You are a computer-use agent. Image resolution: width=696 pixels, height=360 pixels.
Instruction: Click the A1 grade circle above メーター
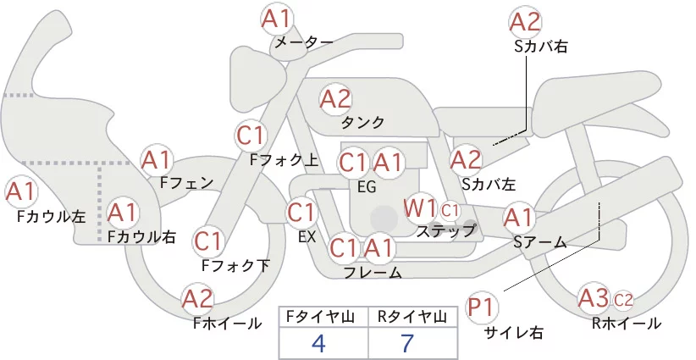(276, 19)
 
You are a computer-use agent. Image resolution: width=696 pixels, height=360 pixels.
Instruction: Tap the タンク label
(362, 122)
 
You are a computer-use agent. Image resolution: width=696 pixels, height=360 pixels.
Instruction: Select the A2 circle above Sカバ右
(525, 22)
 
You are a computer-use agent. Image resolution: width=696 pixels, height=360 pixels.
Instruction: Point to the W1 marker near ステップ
(419, 208)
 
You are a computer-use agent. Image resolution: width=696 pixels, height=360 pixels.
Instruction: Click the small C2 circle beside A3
(623, 301)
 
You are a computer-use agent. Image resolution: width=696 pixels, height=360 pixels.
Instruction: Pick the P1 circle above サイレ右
(482, 307)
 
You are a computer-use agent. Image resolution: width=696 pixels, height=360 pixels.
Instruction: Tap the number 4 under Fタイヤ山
(318, 343)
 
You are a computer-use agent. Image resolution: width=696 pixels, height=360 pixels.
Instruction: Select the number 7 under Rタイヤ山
(407, 343)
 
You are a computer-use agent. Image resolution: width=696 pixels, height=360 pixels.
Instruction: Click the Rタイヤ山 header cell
(412, 317)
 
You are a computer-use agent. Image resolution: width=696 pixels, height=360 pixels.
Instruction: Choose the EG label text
(367, 187)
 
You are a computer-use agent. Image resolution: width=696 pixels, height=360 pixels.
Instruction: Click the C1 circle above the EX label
(301, 212)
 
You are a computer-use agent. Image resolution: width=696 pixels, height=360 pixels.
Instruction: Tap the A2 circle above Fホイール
(197, 299)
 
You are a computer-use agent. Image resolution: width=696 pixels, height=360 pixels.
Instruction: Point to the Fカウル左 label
(52, 217)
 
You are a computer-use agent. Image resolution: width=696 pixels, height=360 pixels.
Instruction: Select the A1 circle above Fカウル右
(122, 213)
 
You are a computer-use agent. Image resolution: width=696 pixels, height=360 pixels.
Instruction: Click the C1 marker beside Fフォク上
(251, 136)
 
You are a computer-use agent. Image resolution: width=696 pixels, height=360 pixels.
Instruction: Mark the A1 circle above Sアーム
(518, 218)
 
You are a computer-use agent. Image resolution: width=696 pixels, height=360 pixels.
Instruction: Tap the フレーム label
(373, 272)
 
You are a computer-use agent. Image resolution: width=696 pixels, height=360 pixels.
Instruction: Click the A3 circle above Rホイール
(594, 298)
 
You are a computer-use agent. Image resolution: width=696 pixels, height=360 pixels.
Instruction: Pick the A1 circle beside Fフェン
(157, 160)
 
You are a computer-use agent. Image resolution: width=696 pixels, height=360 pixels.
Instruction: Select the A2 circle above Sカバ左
(466, 160)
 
